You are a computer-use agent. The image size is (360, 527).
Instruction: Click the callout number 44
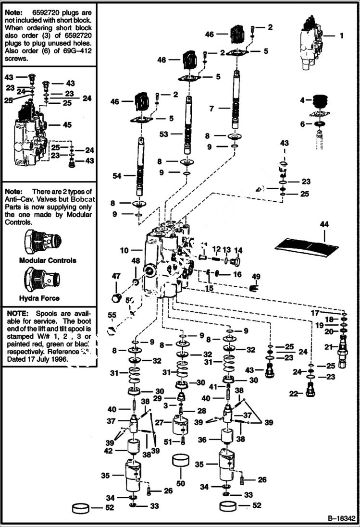pyautogui.click(x=324, y=224)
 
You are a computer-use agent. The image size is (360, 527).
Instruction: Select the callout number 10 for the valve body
pyautogui.click(x=124, y=250)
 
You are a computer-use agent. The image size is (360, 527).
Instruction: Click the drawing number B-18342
pyautogui.click(x=341, y=519)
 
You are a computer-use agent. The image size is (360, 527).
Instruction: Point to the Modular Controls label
pyautogui.click(x=47, y=260)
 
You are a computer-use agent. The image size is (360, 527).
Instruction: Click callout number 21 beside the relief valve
pyautogui.click(x=328, y=347)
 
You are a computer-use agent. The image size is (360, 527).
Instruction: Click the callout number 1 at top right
pyautogui.click(x=342, y=35)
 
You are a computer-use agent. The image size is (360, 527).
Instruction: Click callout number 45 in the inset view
pyautogui.click(x=67, y=125)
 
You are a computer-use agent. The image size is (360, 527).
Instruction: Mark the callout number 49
pyautogui.click(x=256, y=276)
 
